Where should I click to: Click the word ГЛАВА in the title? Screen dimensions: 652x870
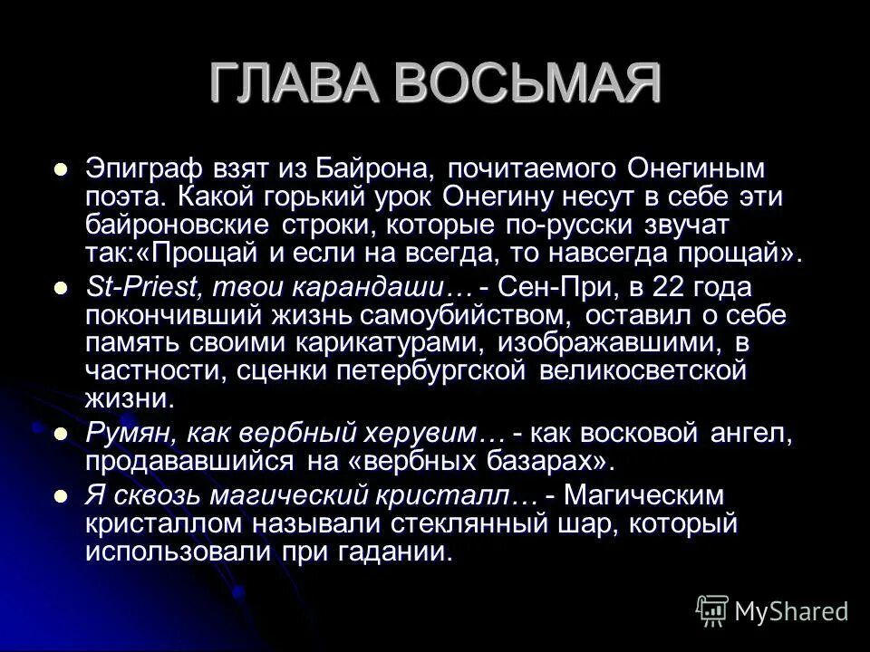pos(293,84)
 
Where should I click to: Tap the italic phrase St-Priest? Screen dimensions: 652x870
pos(144,287)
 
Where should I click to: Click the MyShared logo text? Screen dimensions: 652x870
pos(791,611)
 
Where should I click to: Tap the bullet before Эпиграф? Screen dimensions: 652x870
pos(62,169)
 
